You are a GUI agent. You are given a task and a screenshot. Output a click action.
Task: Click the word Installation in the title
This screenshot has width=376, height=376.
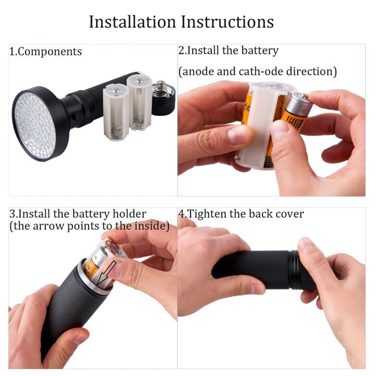tap(133, 22)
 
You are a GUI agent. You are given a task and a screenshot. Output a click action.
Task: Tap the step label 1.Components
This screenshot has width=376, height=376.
tap(46, 52)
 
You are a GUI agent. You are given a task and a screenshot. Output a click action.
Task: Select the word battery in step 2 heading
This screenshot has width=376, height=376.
tap(258, 51)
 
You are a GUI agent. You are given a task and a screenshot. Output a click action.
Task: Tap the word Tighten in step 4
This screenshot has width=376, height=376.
tap(211, 214)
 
